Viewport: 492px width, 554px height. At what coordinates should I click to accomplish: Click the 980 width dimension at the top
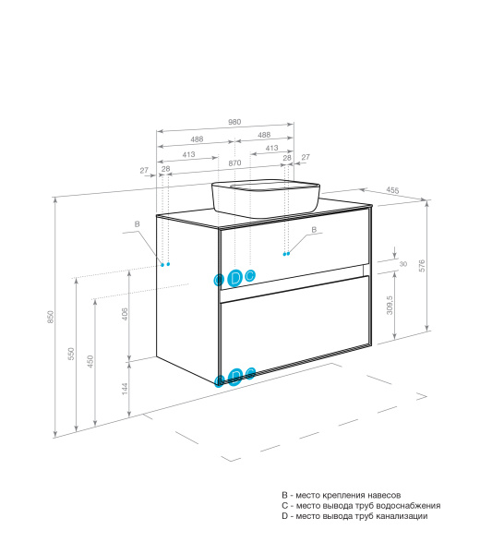click(x=234, y=122)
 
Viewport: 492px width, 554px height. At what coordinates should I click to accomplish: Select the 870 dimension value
click(x=234, y=163)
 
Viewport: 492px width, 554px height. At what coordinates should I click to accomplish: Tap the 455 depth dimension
click(x=392, y=190)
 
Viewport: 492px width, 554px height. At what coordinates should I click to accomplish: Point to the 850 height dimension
click(x=51, y=317)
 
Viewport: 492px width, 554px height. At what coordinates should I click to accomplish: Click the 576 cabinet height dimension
click(x=422, y=266)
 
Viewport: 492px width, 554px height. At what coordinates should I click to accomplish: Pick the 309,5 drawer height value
click(x=390, y=306)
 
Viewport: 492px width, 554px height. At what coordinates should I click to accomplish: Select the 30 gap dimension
click(x=403, y=264)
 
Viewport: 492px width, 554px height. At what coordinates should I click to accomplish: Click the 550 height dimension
click(x=71, y=354)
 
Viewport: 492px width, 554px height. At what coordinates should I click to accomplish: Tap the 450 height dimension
click(x=90, y=362)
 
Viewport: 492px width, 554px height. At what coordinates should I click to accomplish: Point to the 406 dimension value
click(x=125, y=314)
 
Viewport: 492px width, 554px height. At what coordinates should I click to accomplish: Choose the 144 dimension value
click(x=125, y=389)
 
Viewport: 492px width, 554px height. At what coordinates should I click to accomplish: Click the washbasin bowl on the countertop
click(x=266, y=199)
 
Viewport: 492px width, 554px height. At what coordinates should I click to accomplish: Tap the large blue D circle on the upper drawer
click(x=234, y=278)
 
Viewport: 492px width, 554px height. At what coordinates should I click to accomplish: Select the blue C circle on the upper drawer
click(x=250, y=275)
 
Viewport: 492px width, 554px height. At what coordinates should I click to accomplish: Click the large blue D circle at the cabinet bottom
click(x=235, y=377)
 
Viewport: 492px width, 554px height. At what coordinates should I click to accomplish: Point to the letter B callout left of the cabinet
click(x=137, y=224)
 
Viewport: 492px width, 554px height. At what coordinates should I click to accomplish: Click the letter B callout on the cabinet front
click(x=314, y=230)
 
